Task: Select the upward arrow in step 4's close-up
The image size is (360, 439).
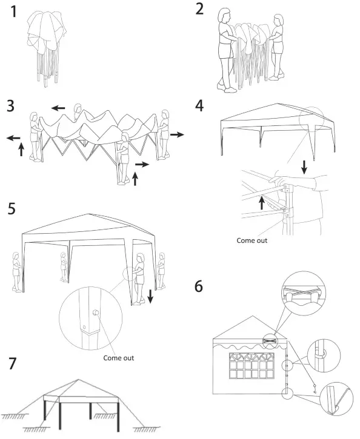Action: click(x=262, y=202)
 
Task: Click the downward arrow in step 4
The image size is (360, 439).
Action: click(x=304, y=165)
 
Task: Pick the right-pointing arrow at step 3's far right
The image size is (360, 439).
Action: click(x=177, y=134)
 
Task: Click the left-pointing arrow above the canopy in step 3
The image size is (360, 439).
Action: click(x=58, y=108)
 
